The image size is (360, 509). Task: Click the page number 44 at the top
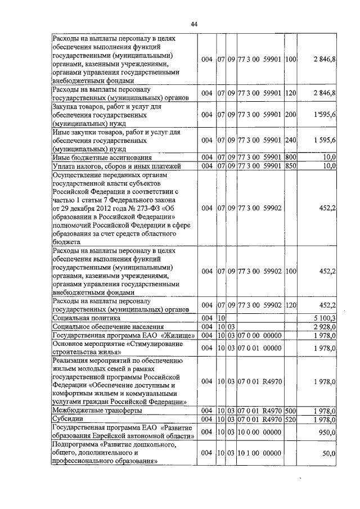[x=193, y=24]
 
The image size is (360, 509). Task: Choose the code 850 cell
[x=291, y=166]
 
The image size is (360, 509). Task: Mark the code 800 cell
[x=291, y=158]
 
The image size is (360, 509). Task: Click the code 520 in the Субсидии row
[x=291, y=419]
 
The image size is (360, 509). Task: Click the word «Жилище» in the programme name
[x=181, y=336]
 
